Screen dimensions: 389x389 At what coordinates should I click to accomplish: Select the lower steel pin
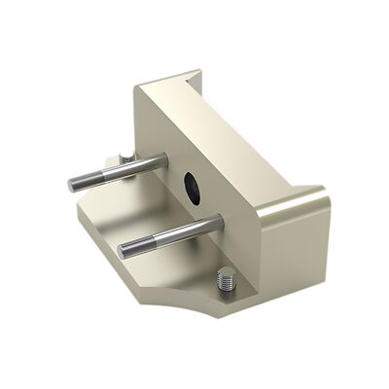pos(170,235)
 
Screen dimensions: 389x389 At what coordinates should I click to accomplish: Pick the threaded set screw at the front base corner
pos(225,284)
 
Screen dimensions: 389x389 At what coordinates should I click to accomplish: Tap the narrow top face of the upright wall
pos(243,136)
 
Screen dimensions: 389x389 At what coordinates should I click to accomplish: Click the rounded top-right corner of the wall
pos(321,198)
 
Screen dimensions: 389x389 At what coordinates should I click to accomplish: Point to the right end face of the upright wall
pos(292,243)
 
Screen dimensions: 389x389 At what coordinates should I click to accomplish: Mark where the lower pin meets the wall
pos(221,221)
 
